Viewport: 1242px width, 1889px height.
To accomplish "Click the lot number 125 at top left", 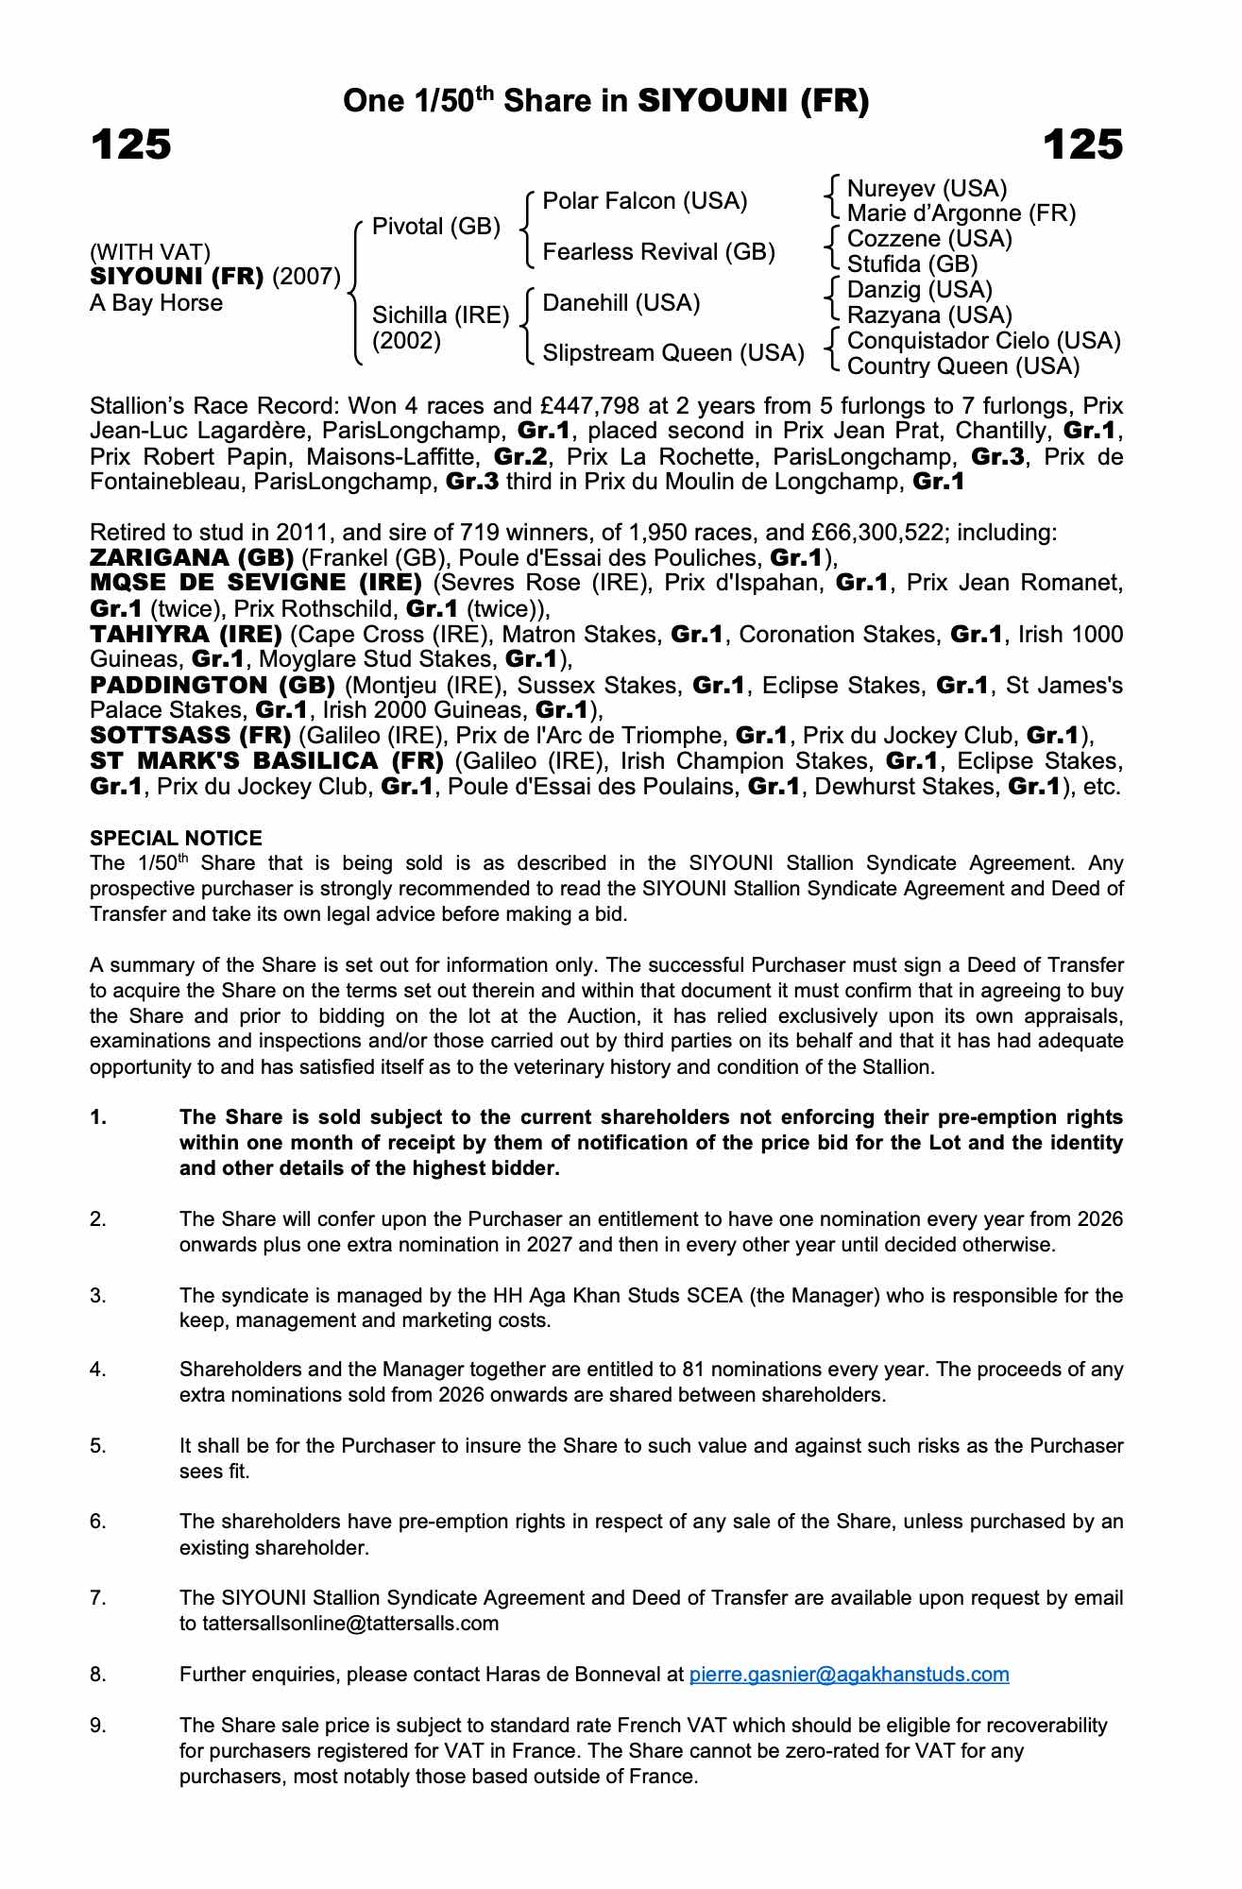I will (x=131, y=145).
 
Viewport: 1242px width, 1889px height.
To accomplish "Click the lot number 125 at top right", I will (x=1082, y=145).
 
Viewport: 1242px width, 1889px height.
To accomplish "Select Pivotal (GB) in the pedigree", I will (x=435, y=227).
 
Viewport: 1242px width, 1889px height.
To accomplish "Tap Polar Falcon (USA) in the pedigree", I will (x=644, y=201).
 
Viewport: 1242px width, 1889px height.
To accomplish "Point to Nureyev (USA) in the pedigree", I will (x=927, y=189).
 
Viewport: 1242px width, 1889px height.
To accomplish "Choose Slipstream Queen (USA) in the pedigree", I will (x=673, y=353).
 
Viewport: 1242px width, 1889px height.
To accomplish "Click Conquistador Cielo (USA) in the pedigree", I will (x=983, y=341).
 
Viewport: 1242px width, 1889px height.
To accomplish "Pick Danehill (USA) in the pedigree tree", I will (x=621, y=303).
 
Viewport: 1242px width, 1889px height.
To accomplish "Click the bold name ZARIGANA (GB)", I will (x=192, y=557).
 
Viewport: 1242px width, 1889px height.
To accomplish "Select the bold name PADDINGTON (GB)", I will (x=213, y=685).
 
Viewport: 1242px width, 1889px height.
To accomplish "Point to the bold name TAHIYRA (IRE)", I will (x=186, y=634).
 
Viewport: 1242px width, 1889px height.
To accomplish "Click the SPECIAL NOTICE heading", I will (x=176, y=839).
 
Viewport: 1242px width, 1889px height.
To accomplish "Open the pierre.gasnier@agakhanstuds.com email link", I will (x=848, y=1675).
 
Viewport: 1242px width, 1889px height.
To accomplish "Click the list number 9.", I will (x=98, y=1726).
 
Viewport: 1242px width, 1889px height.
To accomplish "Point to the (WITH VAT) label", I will (x=150, y=252).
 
